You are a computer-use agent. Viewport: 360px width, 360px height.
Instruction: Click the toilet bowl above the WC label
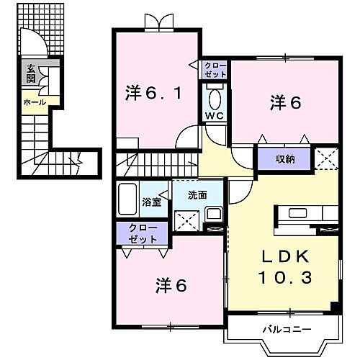click(x=215, y=96)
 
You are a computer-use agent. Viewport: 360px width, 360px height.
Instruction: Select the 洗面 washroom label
click(x=197, y=194)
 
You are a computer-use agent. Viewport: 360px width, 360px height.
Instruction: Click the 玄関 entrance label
click(x=31, y=75)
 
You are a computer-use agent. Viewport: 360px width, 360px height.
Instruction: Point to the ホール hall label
click(x=35, y=102)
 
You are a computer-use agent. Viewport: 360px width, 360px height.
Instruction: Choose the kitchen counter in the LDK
click(x=303, y=214)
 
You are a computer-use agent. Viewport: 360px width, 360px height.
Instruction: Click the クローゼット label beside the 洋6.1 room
click(x=217, y=70)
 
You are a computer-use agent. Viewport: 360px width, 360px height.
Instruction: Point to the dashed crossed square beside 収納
click(x=325, y=157)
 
